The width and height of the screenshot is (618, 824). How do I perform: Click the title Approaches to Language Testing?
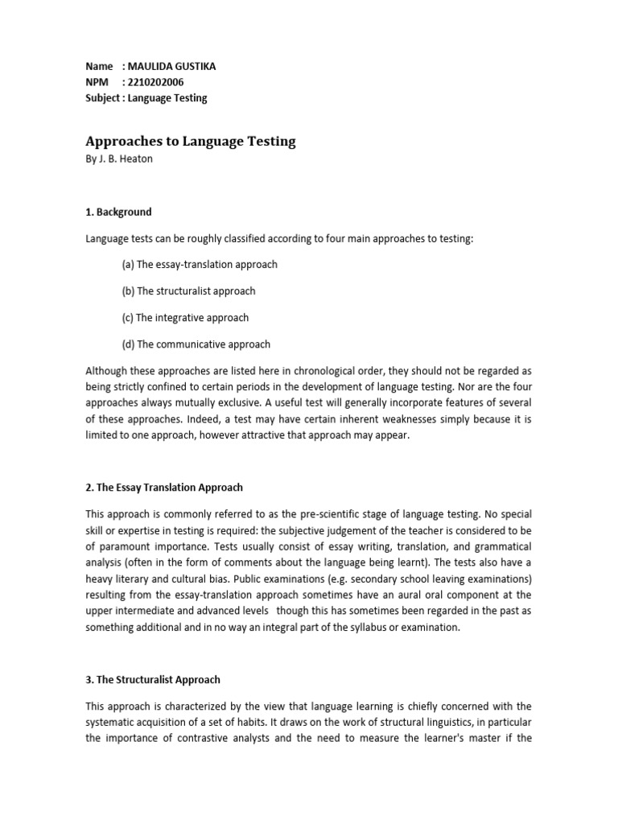click(x=191, y=142)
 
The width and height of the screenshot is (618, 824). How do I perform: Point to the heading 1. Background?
click(x=118, y=212)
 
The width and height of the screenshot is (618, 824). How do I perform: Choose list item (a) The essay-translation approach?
click(x=200, y=265)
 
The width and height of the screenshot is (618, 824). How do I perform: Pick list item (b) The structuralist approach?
click(x=189, y=291)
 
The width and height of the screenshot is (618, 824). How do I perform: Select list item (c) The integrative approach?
click(x=186, y=318)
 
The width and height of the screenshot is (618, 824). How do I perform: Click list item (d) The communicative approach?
click(x=196, y=344)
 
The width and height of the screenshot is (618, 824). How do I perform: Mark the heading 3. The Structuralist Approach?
click(x=153, y=680)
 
